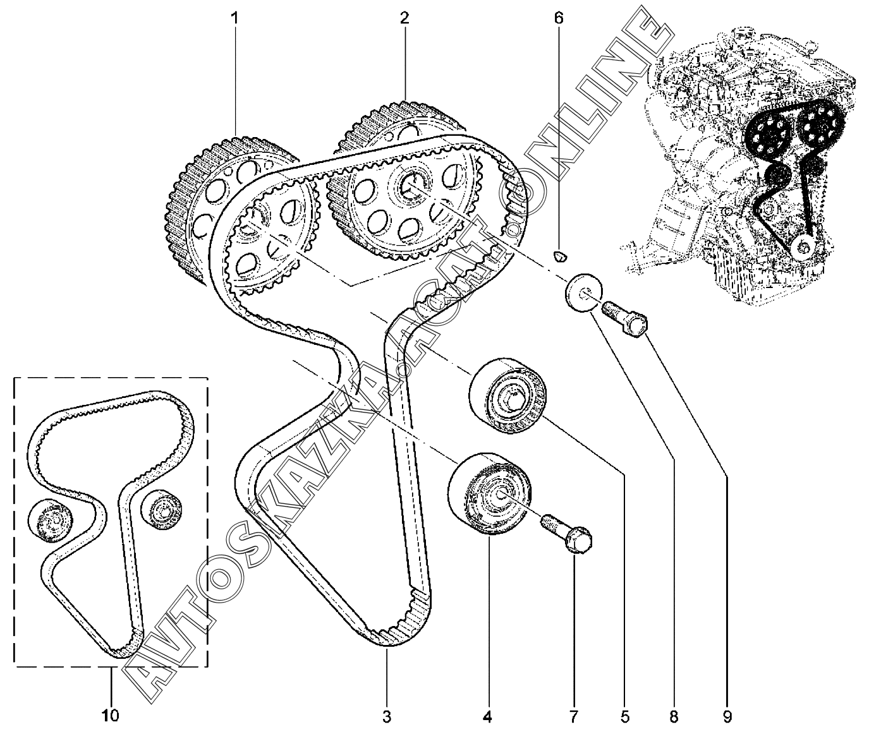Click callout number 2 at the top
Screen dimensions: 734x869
(x=404, y=18)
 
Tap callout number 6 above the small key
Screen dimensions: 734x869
(x=558, y=18)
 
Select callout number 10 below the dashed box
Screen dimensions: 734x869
(x=110, y=716)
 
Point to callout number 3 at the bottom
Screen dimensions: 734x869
(x=387, y=716)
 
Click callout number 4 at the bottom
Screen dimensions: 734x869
(x=487, y=716)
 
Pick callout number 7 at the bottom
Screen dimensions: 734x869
(x=573, y=716)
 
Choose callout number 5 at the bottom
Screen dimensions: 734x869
(x=624, y=716)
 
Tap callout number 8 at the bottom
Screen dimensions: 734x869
(x=674, y=716)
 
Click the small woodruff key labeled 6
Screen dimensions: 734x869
(x=559, y=255)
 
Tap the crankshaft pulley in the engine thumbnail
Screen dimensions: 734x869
(x=803, y=247)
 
